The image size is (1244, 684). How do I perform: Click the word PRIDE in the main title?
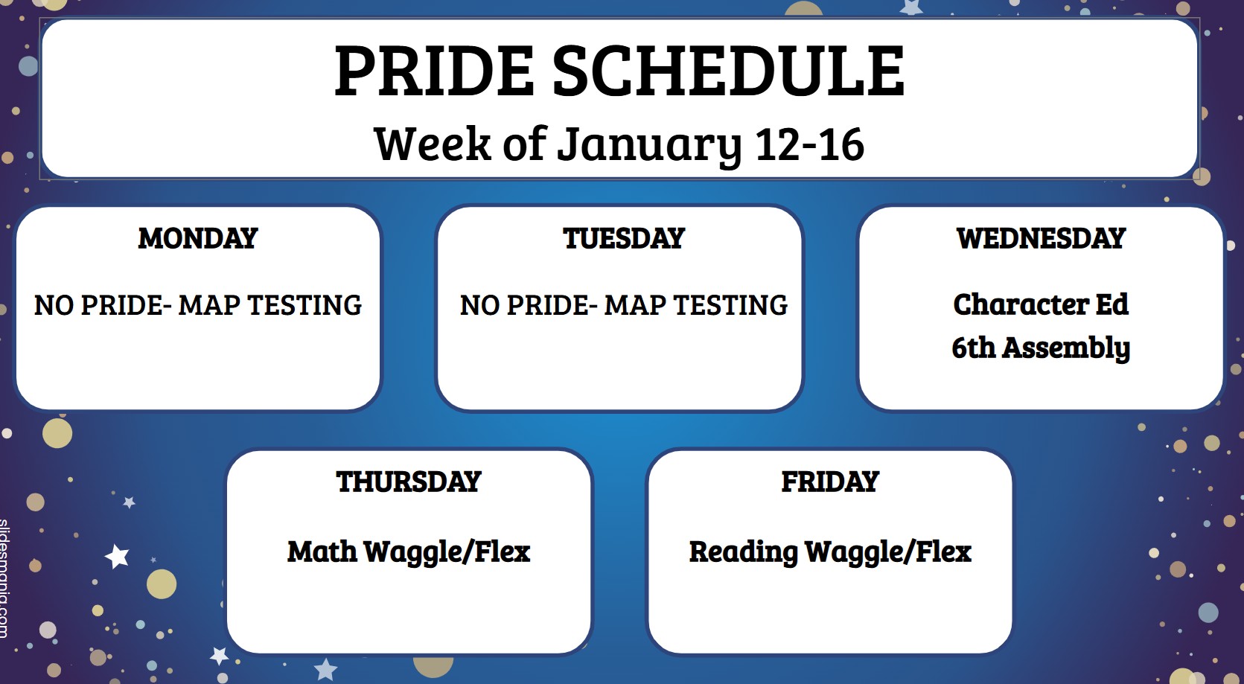(x=434, y=71)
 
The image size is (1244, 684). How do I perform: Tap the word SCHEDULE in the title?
(x=729, y=71)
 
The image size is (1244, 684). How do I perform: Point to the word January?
(x=649, y=146)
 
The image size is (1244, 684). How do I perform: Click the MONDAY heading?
(x=198, y=238)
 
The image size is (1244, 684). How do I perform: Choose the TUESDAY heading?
(x=624, y=238)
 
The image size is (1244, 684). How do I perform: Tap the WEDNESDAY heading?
(x=1041, y=238)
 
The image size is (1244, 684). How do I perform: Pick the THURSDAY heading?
(x=408, y=482)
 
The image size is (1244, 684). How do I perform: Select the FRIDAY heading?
(x=829, y=482)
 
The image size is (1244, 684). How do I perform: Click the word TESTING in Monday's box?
(x=304, y=305)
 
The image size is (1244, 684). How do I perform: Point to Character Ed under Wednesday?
(x=1041, y=304)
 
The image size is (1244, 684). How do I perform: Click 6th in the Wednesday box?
(x=974, y=348)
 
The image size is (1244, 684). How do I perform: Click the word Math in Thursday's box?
(x=322, y=552)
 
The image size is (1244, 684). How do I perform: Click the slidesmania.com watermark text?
(x=4, y=578)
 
